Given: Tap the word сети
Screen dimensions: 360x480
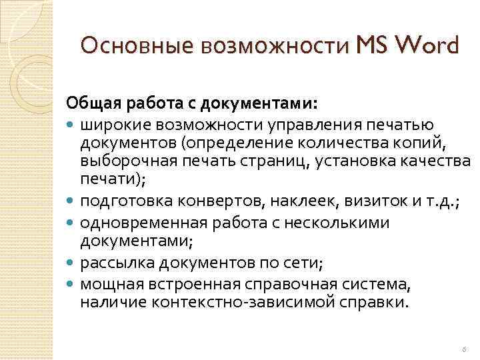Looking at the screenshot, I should tap(302, 264).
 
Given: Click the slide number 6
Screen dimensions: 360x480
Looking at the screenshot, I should tap(464, 349).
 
